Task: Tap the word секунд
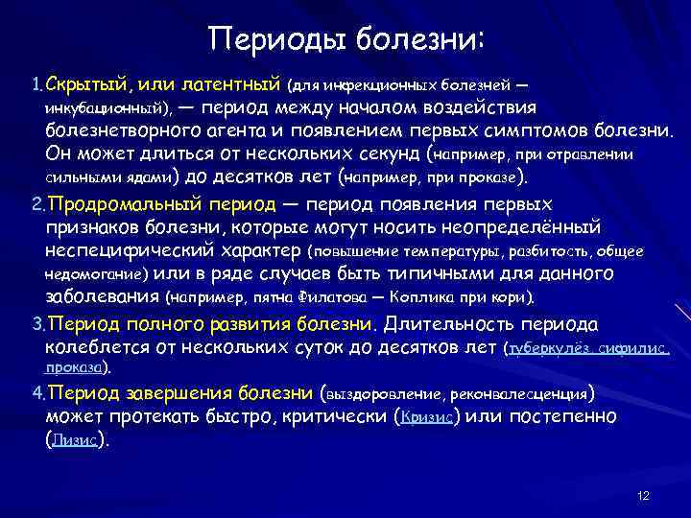point(379,153)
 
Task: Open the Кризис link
point(427,417)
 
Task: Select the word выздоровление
point(382,393)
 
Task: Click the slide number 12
point(643,495)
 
